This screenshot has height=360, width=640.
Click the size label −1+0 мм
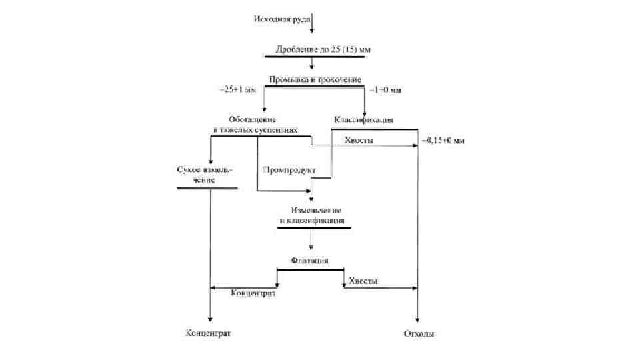(x=388, y=89)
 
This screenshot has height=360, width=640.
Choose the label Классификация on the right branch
(x=363, y=120)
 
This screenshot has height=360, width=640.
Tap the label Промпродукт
(x=289, y=169)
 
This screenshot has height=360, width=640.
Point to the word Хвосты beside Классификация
(x=359, y=140)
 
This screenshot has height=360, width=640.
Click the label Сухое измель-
(x=205, y=170)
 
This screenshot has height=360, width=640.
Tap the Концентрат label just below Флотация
(x=253, y=293)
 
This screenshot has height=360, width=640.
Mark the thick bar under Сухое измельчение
(x=207, y=189)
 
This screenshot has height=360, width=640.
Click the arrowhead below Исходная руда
(x=313, y=30)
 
